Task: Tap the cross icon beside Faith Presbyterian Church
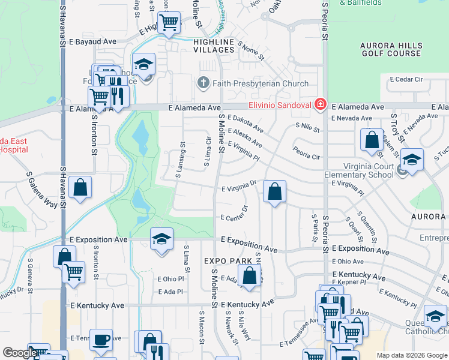coord(203,83)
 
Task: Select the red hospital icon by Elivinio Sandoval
coord(321,105)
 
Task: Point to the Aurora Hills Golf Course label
coord(391,49)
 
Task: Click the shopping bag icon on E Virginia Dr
coord(274,192)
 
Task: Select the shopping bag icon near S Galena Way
coord(80,187)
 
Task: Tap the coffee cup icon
coord(101,340)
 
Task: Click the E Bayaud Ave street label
coord(92,42)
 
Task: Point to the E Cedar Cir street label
coord(406,79)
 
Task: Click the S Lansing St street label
coord(180,160)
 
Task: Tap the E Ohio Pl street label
coord(171,279)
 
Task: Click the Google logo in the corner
coord(19,353)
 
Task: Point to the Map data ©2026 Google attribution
coord(411,355)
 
